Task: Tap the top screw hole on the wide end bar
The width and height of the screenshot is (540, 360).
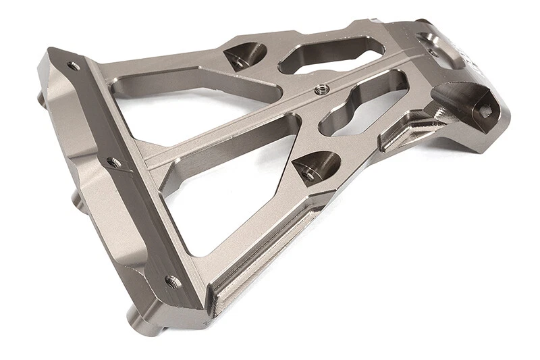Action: [72, 66]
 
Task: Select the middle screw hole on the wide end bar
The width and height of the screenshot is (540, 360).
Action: [114, 163]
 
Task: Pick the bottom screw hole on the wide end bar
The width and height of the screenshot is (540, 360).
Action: [171, 280]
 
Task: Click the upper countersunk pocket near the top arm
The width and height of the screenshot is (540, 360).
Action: [243, 55]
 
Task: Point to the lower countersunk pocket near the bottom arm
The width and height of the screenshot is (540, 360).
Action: [315, 167]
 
